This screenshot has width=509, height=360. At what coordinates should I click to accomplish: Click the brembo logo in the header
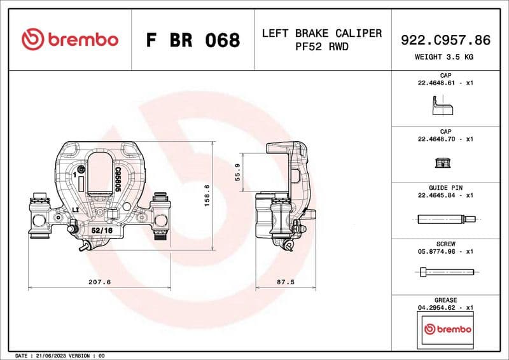tap(70, 39)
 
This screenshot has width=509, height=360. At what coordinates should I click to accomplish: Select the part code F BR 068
tap(193, 40)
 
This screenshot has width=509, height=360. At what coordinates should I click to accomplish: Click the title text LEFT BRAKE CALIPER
tap(322, 33)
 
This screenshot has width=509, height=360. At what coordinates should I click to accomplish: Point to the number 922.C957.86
tap(445, 39)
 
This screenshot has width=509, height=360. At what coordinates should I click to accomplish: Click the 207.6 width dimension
tap(100, 281)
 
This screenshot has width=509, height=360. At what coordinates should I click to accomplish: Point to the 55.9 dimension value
tap(238, 172)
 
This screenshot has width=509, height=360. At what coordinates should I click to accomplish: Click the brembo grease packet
tap(448, 329)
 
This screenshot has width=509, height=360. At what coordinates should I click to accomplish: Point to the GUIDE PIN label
tap(445, 188)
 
